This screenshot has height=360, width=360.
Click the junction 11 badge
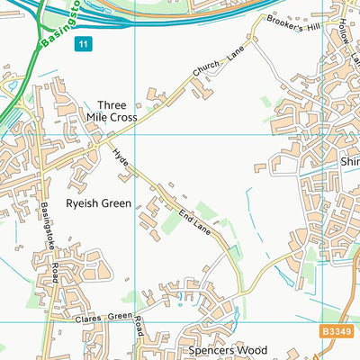(83, 42)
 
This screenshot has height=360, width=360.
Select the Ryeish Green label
(97, 203)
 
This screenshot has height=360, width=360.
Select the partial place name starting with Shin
(349, 161)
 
